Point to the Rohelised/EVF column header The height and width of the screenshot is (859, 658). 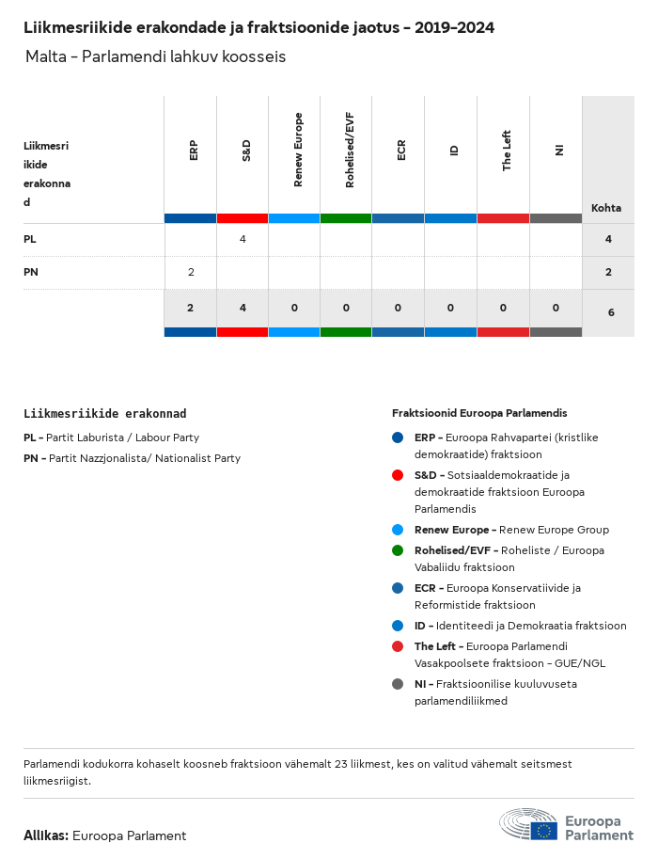350,150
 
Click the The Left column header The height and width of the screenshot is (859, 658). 507,151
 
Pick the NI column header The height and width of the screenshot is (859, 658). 559,151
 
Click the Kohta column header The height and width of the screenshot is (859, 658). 605,208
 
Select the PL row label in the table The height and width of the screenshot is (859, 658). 30,240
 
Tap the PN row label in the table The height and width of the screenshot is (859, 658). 31,272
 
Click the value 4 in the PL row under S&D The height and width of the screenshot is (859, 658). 243,240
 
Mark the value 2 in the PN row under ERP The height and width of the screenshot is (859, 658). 191,272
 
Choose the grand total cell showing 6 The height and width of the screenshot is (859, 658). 611,311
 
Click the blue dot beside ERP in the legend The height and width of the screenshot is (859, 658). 398,437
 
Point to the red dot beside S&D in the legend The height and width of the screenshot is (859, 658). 398,475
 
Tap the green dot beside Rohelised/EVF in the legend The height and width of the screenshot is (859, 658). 398,550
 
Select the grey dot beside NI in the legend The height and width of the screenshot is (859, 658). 398,684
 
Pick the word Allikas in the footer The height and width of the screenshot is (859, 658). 45,835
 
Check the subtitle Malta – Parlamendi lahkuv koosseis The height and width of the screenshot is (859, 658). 156,57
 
